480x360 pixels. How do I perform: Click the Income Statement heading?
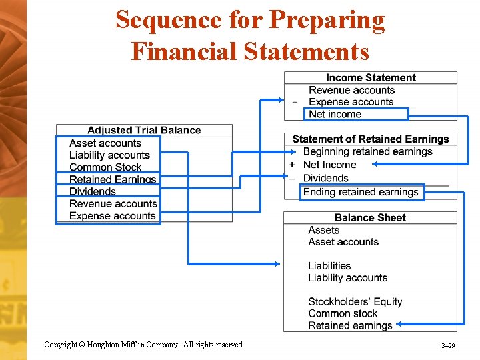pos(371,78)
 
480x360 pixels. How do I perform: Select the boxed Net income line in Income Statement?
pos(335,114)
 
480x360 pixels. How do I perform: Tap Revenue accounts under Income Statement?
pos(351,90)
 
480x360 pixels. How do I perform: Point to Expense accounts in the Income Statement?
pos(351,102)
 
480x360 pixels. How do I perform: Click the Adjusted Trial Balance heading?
pos(144,130)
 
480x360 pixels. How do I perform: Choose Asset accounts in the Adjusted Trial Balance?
pos(105,143)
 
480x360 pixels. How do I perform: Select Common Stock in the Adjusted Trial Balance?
pos(105,167)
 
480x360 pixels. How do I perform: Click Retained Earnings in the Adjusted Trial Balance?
pos(113,179)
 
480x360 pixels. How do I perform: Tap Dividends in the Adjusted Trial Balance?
pos(93,191)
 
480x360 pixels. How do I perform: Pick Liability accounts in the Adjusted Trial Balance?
pos(109,155)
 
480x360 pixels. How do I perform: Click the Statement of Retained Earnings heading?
pos(371,139)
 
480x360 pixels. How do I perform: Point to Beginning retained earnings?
pos(367,151)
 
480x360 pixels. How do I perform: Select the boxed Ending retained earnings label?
pos(361,192)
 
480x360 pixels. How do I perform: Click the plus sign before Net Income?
pos(292,165)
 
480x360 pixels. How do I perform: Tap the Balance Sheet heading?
pos(370,217)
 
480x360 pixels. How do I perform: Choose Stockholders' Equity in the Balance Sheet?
pos(355,301)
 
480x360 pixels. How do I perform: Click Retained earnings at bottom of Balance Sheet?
pos(350,325)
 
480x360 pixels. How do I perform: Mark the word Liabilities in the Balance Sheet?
pos(329,265)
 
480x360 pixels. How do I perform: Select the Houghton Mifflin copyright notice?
pos(145,345)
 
